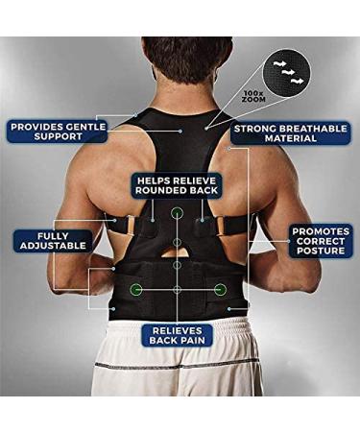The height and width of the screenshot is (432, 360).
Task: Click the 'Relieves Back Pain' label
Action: (179, 334)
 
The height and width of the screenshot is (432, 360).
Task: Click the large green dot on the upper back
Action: (178, 213)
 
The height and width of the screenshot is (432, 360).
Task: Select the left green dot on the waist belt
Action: (137, 288)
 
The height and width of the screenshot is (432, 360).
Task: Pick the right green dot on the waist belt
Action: (220, 288)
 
